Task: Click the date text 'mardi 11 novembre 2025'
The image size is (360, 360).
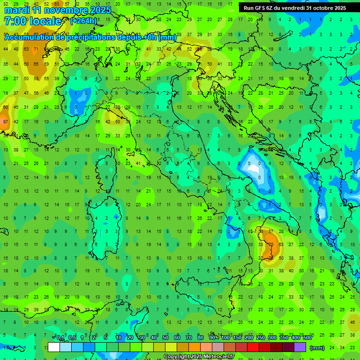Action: point(57,10)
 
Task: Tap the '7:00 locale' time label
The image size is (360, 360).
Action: point(32,21)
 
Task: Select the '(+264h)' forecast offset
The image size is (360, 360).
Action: point(83,21)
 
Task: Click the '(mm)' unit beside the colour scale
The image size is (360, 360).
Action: point(317,347)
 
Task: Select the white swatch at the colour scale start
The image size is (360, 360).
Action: point(54,347)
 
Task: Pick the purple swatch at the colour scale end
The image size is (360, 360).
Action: point(300,347)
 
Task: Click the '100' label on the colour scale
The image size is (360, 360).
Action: point(226,338)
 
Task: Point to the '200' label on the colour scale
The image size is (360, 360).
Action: point(249,338)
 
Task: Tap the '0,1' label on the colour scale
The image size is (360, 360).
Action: point(60,338)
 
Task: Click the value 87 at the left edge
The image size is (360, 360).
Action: point(5,122)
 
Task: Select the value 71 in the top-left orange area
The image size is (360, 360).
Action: point(36,49)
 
